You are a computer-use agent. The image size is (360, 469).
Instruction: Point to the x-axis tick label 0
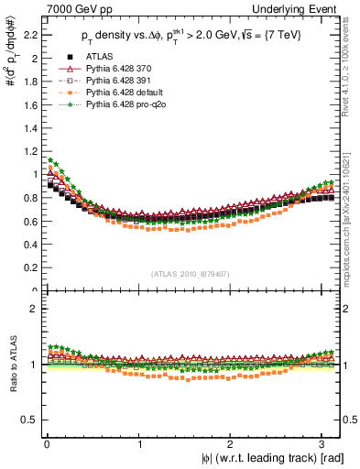pos(46,443)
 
